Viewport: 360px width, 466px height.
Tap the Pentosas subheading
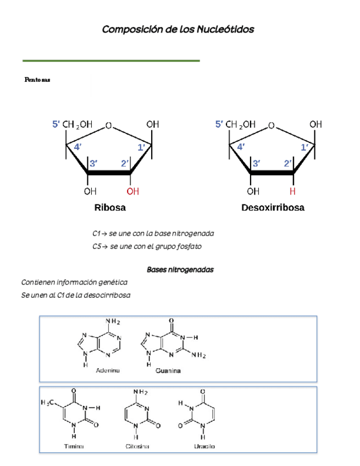(x=37, y=80)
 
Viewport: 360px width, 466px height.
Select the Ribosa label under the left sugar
(x=110, y=208)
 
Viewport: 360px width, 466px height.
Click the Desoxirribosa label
(x=273, y=208)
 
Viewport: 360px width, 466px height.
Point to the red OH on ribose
(x=133, y=191)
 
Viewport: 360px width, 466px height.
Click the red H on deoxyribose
(x=293, y=191)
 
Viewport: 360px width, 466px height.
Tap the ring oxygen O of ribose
(x=109, y=125)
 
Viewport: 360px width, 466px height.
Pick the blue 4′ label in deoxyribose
(x=241, y=147)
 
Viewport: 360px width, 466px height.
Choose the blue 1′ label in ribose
(x=141, y=147)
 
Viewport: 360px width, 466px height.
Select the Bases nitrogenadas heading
(x=180, y=270)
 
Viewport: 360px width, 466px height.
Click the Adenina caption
(x=108, y=370)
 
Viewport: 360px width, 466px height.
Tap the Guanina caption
(x=168, y=371)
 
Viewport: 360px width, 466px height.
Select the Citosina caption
(x=137, y=446)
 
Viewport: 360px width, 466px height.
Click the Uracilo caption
(x=203, y=446)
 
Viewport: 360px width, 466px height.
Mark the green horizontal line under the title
(x=110, y=60)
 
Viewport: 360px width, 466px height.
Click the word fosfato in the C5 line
(x=189, y=247)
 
